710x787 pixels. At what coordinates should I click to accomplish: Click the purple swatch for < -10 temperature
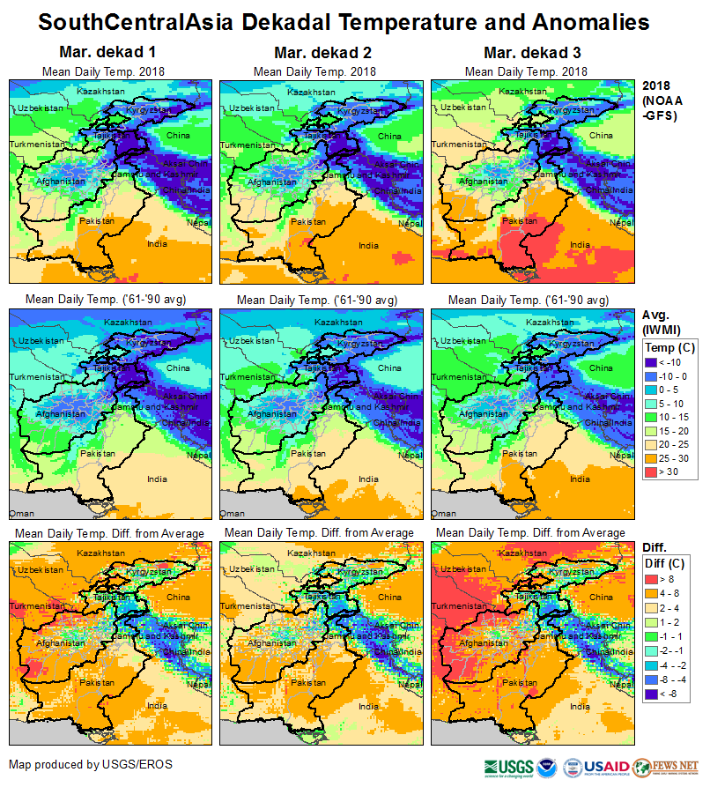650,362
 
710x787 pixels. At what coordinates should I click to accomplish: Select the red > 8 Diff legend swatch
650,578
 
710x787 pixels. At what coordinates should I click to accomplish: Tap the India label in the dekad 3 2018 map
580,245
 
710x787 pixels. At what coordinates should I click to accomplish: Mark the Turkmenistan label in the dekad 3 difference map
455,606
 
